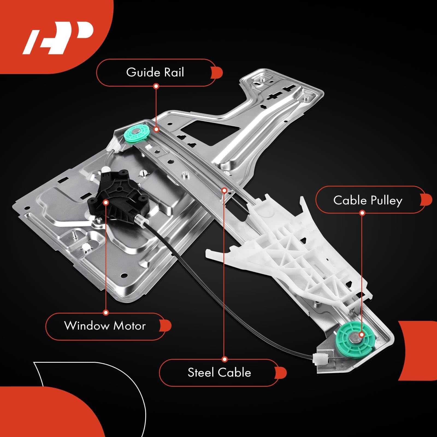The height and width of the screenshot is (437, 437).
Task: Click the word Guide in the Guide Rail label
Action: [143, 72]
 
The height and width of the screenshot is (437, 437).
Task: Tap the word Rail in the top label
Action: [174, 72]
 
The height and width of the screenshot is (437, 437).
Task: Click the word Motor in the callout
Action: [129, 326]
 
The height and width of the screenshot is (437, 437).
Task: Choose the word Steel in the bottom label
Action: [200, 373]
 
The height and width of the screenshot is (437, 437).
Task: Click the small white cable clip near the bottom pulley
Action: [319, 358]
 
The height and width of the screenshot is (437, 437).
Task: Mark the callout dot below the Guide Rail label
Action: [156, 86]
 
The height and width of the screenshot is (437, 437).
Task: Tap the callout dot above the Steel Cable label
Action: [225, 359]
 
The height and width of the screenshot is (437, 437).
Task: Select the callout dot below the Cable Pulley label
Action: [362, 213]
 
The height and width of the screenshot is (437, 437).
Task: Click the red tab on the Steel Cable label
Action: [281, 373]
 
